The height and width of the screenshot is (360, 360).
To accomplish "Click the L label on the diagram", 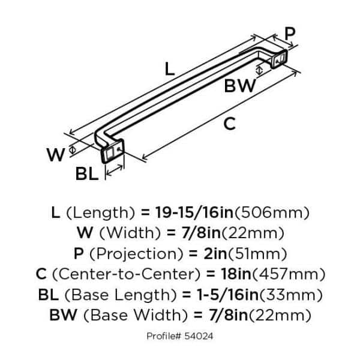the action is tap(170, 69).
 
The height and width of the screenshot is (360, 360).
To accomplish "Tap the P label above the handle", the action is tap(290, 34).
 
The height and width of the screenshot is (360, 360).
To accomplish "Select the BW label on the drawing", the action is tap(240, 86).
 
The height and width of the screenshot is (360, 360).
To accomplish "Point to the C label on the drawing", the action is tap(230, 124).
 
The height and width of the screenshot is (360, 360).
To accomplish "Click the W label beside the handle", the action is tap(56, 155).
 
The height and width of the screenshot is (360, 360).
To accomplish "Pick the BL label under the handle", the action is tap(87, 173).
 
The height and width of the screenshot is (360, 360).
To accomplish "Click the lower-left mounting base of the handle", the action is tap(113, 151).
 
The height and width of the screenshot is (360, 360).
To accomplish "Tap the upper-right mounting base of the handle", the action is tap(279, 59).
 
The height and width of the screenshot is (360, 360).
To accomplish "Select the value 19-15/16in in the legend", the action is tap(194, 212).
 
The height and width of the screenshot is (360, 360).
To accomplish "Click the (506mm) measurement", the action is tap(272, 213).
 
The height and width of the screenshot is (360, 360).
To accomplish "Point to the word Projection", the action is tap(136, 254).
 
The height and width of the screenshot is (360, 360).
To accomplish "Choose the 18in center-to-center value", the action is tap(236, 274).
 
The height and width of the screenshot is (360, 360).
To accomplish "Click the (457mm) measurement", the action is tap(289, 274).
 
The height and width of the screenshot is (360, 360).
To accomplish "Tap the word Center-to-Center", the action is tap(126, 274).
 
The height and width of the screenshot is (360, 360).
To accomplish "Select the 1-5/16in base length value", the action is tap(227, 295).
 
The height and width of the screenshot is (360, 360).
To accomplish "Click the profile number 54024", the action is tap(199, 336).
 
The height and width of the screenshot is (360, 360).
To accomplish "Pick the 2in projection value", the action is tap(215, 253).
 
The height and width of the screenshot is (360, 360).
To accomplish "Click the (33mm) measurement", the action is tap(291, 295).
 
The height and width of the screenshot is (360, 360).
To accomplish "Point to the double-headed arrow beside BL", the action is tap(115, 170).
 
